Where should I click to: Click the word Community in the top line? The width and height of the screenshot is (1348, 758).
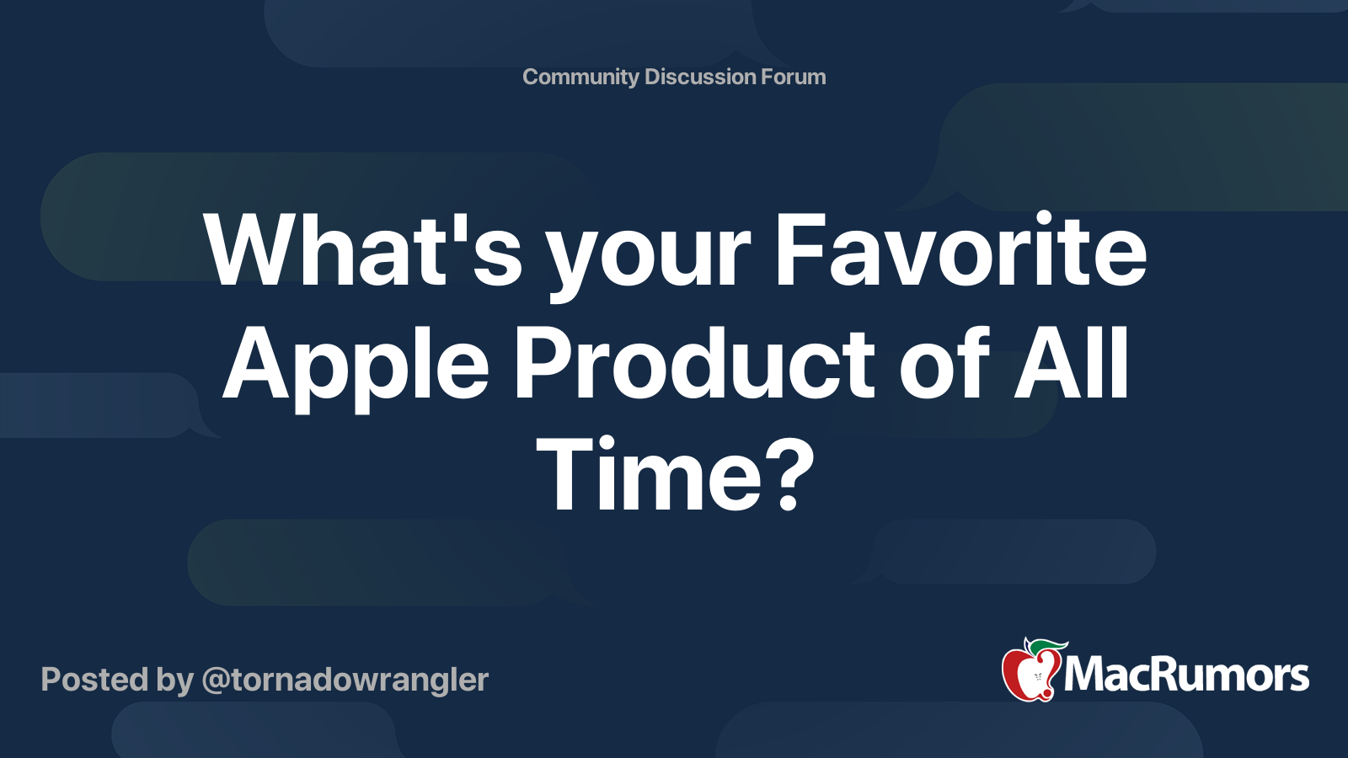pos(580,77)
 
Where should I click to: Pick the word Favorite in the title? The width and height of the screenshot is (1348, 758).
pos(961,248)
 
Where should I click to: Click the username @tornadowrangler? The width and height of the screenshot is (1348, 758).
pos(345,680)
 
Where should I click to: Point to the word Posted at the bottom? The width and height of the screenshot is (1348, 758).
pos(95,679)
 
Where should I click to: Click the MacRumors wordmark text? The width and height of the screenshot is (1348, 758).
pos(1186,675)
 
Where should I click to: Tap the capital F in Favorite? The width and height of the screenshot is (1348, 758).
pos(798,248)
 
